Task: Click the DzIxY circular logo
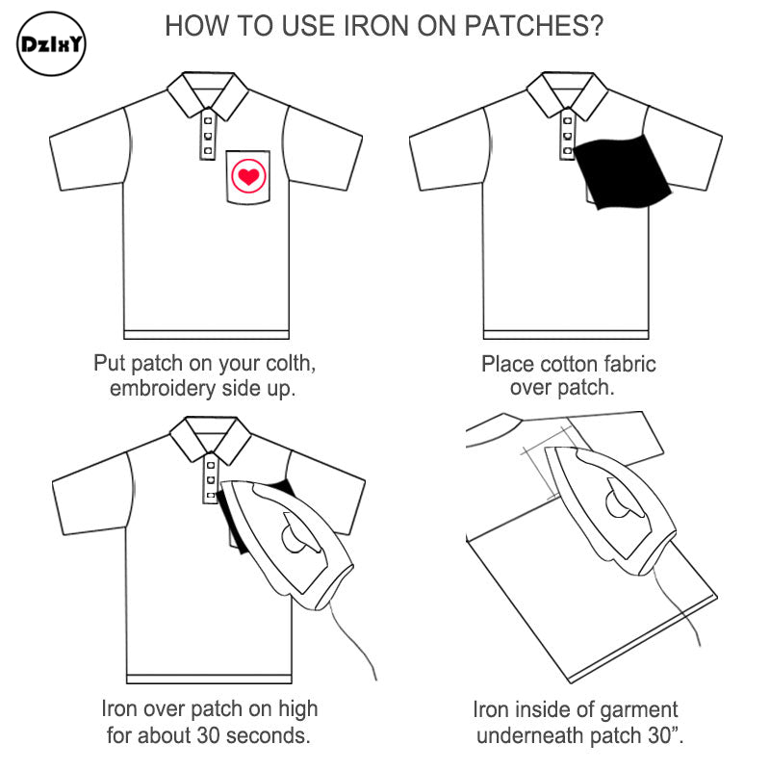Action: coord(51,44)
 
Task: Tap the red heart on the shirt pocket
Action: coord(248,176)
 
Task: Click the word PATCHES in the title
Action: coord(534,26)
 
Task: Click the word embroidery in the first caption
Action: coord(163,389)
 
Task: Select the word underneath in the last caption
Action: coord(530,736)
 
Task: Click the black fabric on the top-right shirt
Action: coord(622,171)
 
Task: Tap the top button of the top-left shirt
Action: coord(208,120)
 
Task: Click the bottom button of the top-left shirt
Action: coord(208,151)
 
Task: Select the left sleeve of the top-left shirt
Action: coord(90,149)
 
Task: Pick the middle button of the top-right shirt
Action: coord(568,136)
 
